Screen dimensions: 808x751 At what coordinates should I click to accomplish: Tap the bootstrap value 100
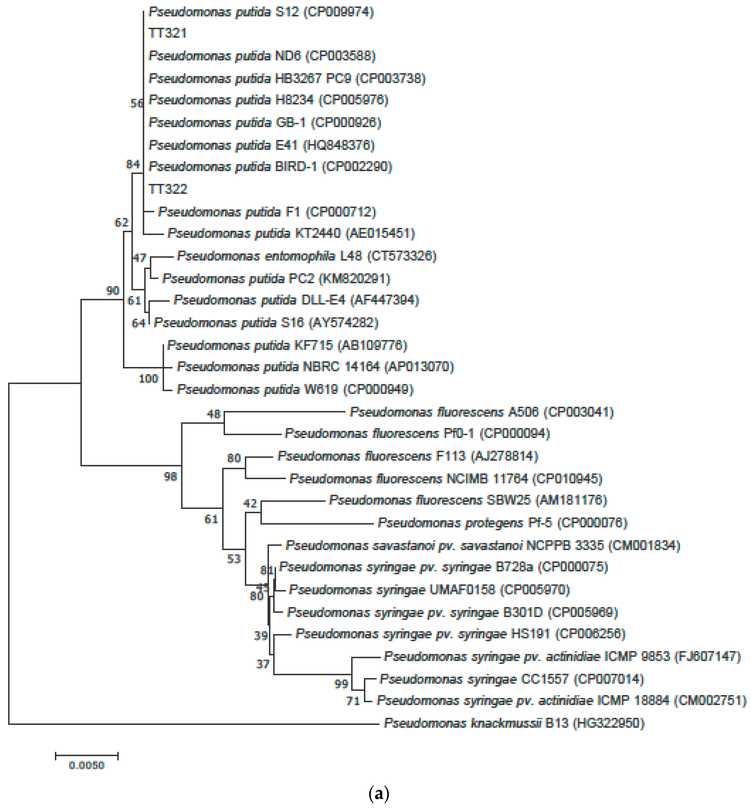[148, 379]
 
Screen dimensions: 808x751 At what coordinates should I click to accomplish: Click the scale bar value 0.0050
[86, 765]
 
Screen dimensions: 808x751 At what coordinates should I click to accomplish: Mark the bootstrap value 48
[214, 414]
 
